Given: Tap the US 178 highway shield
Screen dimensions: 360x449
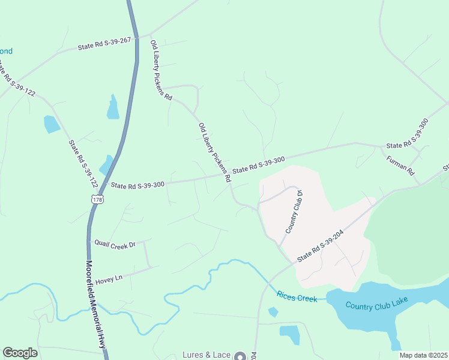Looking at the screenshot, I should click(x=96, y=199).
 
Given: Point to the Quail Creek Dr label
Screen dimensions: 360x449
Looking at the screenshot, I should click(x=115, y=243).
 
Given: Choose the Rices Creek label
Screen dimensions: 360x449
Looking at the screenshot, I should click(x=297, y=296).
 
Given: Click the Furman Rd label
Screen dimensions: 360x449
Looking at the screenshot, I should click(x=402, y=164).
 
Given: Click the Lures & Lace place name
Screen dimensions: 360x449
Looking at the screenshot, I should click(x=206, y=355).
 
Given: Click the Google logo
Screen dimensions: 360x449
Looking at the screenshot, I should click(x=20, y=353).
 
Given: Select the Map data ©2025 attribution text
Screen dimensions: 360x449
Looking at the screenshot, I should click(x=423, y=355).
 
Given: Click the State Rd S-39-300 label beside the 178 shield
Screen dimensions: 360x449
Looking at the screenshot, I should click(x=137, y=185).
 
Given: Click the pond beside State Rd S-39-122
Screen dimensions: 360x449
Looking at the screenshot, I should click(x=52, y=124).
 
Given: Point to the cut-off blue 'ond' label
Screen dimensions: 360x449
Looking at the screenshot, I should click(x=6, y=51).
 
